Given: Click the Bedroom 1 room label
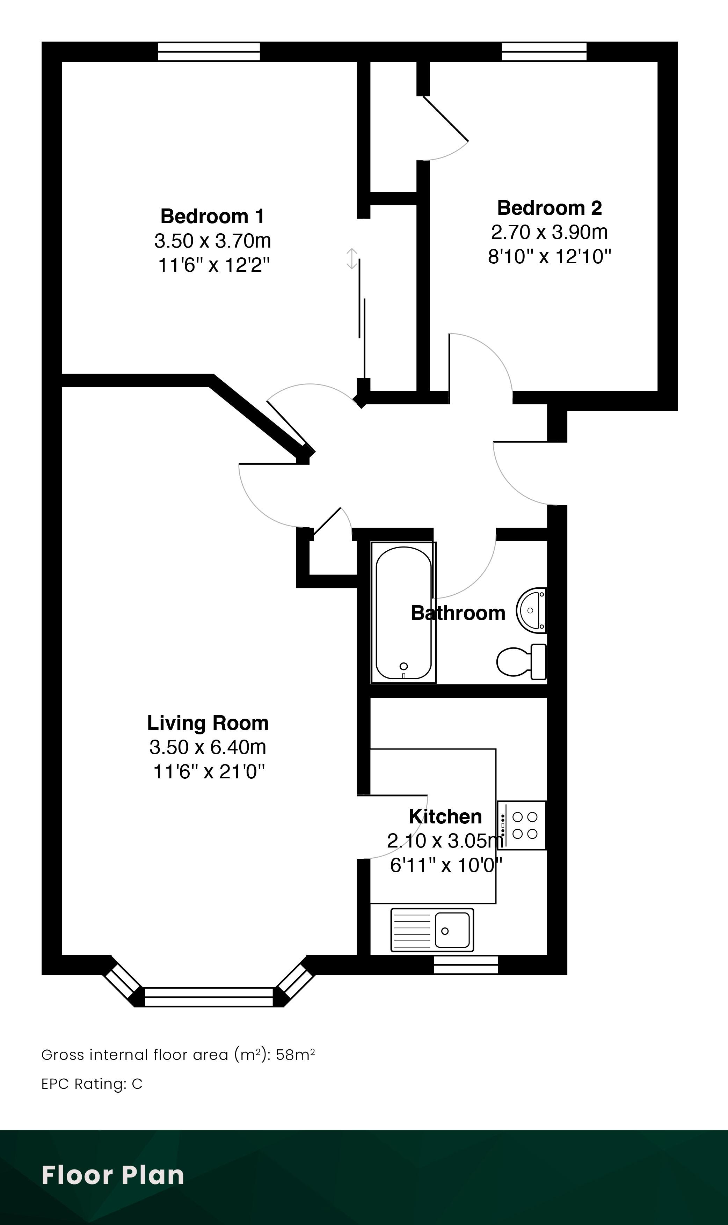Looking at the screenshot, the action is (212, 216).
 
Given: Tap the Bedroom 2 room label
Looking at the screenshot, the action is (549, 208).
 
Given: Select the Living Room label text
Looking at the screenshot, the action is (208, 723).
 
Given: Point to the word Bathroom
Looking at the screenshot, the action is (458, 613).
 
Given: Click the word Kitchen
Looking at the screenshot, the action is (445, 816).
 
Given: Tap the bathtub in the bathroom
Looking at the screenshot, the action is (403, 612).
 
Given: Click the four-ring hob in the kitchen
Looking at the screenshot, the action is (522, 825).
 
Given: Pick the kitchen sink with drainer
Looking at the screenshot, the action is (432, 930).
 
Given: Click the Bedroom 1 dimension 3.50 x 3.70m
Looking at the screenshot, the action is (212, 241).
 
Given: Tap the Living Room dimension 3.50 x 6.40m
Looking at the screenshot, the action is (208, 747).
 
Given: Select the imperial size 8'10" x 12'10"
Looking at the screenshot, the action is (549, 256).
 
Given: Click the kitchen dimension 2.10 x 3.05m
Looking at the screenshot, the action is (445, 841).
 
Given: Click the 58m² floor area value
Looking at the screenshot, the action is (295, 1055).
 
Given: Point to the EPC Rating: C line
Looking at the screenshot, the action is (92, 1084).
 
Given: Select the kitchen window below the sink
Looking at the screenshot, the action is (466, 964).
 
